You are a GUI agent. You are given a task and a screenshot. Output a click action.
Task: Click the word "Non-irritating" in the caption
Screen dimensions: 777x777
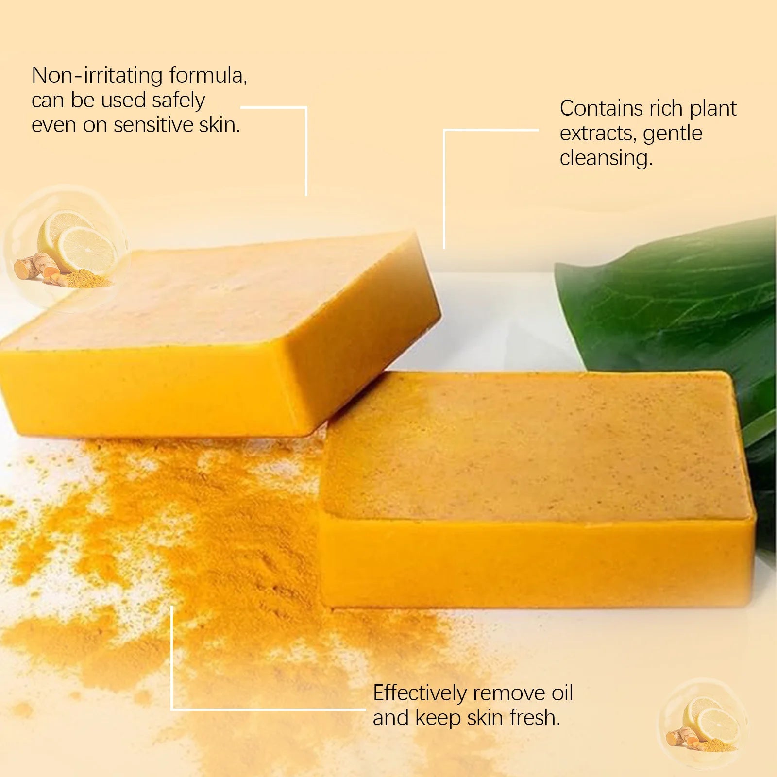pos(97,76)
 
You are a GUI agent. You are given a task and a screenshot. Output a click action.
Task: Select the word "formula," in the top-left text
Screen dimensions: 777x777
pos(208,76)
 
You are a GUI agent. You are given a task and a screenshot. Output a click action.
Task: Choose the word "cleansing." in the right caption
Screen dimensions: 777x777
pos(606,158)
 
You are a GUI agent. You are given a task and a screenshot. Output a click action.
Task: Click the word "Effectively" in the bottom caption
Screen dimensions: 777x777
pos(419,693)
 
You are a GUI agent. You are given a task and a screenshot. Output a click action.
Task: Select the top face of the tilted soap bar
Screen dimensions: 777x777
pos(219,296)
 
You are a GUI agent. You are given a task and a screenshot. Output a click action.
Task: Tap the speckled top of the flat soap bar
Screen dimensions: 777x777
pos(534,447)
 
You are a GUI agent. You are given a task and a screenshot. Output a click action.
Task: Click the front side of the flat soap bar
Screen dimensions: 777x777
pos(534,563)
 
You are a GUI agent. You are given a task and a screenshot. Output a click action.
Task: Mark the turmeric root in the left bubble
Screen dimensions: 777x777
pos(34,267)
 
